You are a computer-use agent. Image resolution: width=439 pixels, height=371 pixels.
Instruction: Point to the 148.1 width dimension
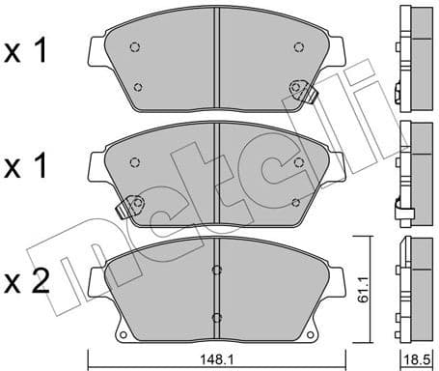click(x=218, y=360)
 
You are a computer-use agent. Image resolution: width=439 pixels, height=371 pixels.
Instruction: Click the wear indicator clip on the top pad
click(x=300, y=91)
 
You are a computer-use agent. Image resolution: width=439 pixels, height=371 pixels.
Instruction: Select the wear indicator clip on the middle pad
click(x=129, y=205)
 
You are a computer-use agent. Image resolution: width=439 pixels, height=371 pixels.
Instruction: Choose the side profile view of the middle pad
click(x=412, y=169)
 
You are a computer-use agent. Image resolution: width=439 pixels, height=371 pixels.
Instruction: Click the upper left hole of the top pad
click(x=135, y=49)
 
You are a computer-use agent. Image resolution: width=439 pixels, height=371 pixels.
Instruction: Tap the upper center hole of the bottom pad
click(x=217, y=270)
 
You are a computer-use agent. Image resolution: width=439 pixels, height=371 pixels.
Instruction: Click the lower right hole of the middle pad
click(x=294, y=202)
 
